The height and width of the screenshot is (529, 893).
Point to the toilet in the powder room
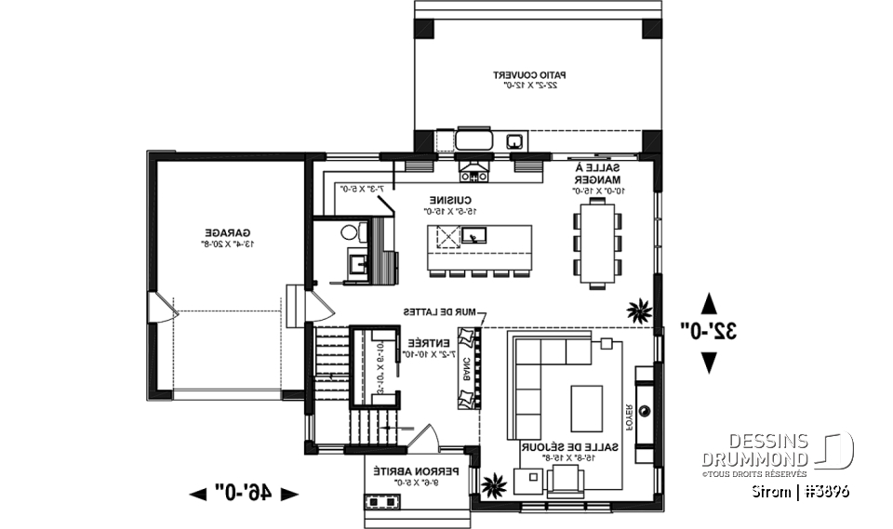[351, 232]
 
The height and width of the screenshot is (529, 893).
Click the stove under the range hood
[475, 171]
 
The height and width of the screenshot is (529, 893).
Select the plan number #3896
[825, 490]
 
